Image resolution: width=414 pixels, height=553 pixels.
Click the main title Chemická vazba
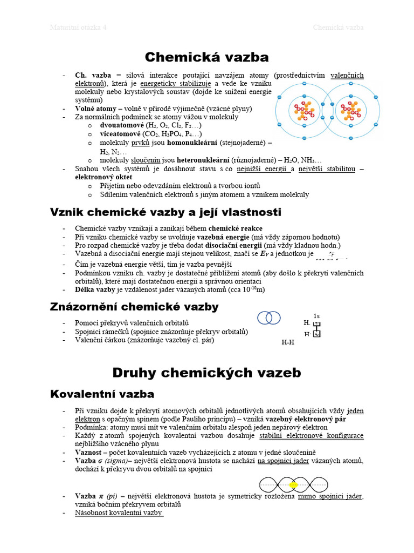click(x=207, y=57)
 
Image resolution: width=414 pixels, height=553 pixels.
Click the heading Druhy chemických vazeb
click(x=207, y=372)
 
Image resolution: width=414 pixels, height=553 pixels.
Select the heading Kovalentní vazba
click(x=102, y=394)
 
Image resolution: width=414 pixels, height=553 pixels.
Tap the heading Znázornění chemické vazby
click(x=134, y=307)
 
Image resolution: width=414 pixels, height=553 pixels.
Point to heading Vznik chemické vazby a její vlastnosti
click(x=165, y=212)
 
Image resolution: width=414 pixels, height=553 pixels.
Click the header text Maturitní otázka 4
click(x=78, y=28)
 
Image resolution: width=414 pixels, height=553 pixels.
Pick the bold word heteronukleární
click(x=206, y=160)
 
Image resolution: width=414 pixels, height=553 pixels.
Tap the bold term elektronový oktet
click(x=103, y=177)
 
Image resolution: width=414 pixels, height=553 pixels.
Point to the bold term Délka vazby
click(x=95, y=289)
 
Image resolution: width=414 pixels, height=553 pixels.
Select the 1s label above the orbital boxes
click(x=316, y=315)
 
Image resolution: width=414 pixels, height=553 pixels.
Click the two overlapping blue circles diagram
click(x=269, y=318)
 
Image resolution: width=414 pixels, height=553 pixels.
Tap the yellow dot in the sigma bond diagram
click(x=293, y=485)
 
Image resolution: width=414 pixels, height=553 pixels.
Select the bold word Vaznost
click(x=89, y=452)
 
